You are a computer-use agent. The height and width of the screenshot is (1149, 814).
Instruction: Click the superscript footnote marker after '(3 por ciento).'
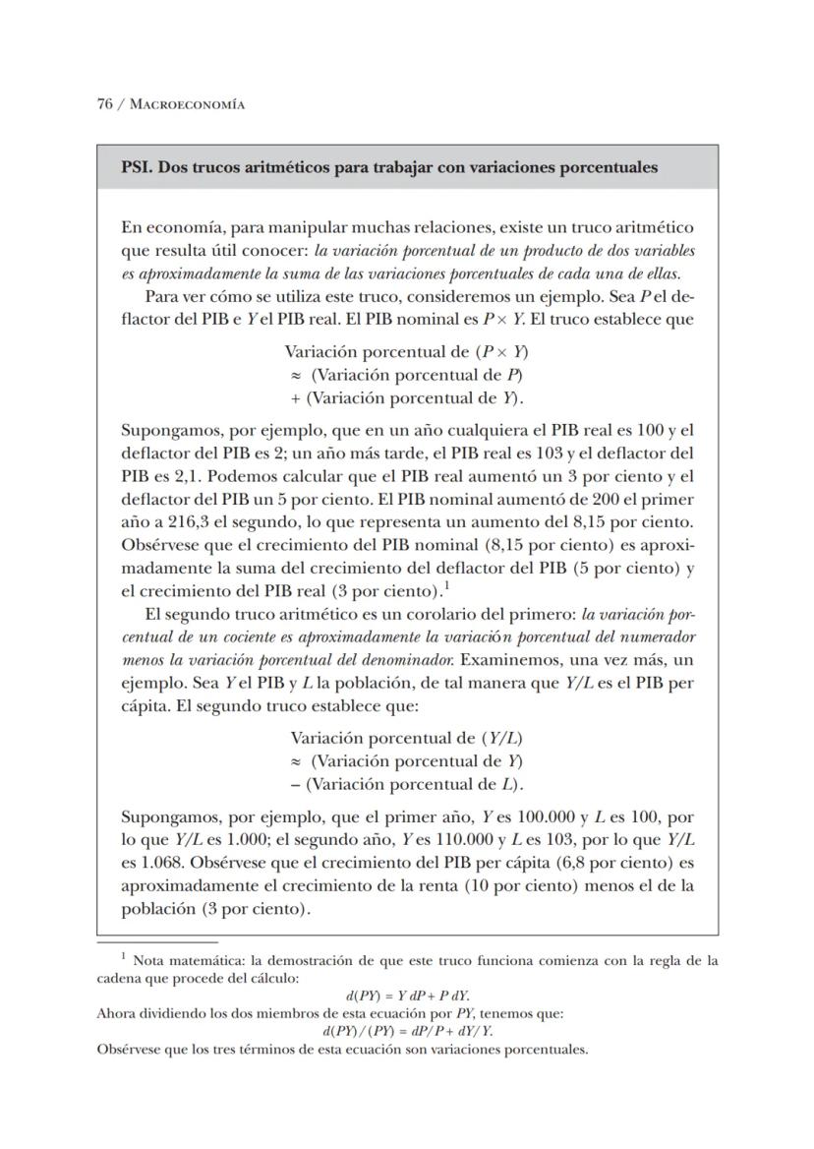(x=446, y=586)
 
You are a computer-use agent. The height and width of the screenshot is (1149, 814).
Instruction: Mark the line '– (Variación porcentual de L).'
(x=407, y=784)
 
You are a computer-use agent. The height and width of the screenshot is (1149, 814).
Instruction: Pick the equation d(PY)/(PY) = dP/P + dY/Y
(x=407, y=1031)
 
